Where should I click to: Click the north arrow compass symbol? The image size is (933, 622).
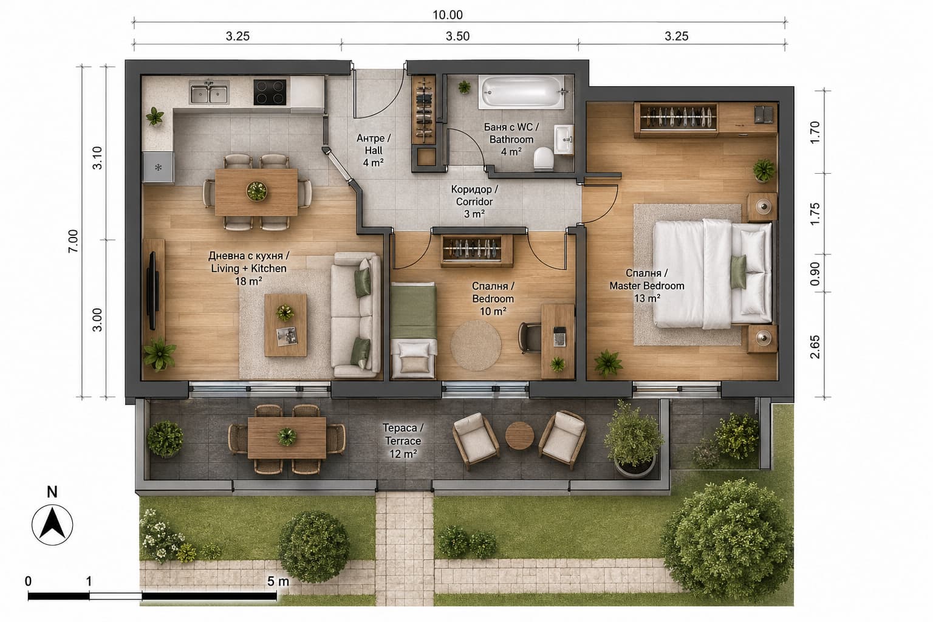[52, 525]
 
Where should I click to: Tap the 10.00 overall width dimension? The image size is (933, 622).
[447, 15]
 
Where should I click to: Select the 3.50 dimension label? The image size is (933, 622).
[457, 36]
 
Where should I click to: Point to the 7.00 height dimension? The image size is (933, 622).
[73, 241]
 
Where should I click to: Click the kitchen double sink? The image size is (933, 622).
[209, 92]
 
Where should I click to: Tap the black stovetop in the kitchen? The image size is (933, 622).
[270, 92]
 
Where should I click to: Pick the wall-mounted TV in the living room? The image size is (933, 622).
[152, 290]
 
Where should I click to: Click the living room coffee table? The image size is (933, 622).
[285, 325]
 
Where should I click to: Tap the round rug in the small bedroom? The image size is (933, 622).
[476, 345]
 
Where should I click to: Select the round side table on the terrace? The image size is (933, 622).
[519, 436]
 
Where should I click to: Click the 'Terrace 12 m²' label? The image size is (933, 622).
[403, 441]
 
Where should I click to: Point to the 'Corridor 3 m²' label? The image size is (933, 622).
[474, 202]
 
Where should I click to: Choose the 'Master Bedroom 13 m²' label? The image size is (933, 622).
[647, 286]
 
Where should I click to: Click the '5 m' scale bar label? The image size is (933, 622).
[278, 581]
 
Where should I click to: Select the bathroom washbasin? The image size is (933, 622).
[564, 140]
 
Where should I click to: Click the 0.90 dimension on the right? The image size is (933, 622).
[815, 274]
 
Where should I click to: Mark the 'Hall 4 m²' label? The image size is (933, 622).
[373, 151]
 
